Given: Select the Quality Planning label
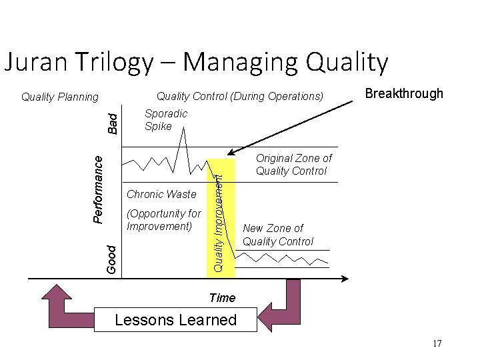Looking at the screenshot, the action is point(60,97).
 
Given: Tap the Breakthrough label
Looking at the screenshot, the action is point(404,93).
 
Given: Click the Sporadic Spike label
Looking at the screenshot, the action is point(166,119).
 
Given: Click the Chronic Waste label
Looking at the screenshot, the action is point(161,194).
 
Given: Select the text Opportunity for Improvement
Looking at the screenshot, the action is point(163,220).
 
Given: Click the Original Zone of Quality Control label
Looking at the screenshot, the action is point(293,165).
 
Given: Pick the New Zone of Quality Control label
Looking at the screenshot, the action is point(278,235).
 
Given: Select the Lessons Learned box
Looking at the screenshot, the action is point(175,319).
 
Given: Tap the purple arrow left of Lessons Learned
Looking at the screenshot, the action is point(67,306).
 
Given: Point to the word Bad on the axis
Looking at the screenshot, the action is point(113,122).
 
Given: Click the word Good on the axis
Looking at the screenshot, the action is point(113,259).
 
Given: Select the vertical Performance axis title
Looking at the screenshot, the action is point(97,189).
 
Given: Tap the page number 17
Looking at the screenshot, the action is point(437,343).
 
